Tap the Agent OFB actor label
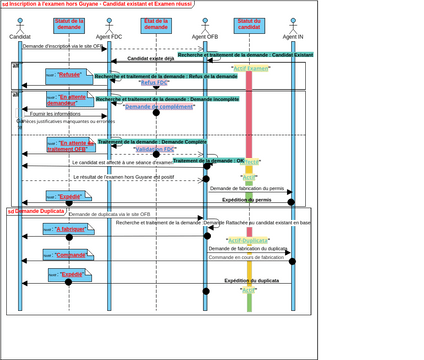click(205, 36)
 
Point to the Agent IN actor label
click(293, 36)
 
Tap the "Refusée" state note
click(69, 75)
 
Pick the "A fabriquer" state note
click(69, 229)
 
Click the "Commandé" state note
click(69, 254)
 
